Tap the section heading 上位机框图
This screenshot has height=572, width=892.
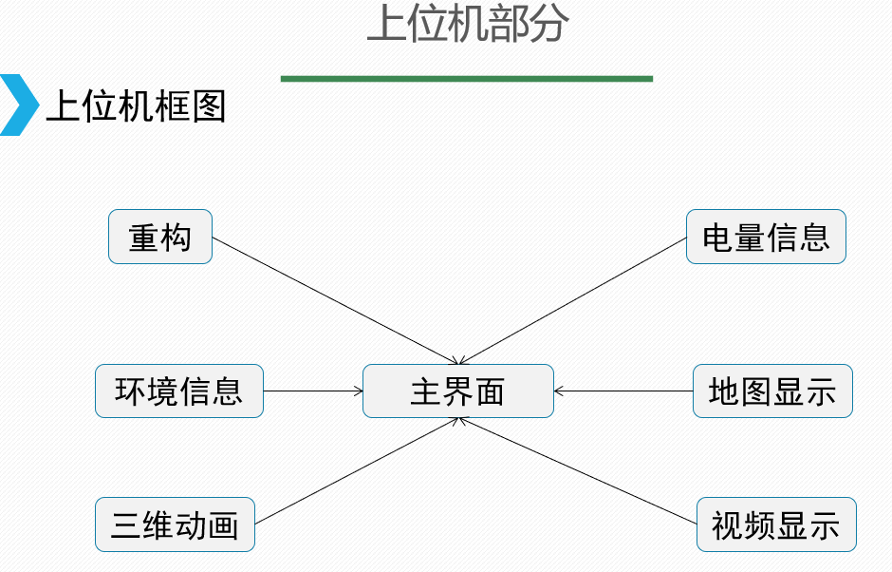[x=136, y=106]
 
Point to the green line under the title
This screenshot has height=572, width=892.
[x=466, y=79]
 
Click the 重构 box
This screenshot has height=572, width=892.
[x=159, y=237]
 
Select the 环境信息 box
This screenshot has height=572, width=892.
[x=178, y=391]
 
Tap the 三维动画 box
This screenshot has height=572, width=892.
[x=175, y=524]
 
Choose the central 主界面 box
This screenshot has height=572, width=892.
[x=457, y=391]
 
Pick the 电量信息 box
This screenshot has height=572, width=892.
[x=766, y=237]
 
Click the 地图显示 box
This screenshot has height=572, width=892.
[x=772, y=391]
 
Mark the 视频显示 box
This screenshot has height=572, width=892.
[x=776, y=524]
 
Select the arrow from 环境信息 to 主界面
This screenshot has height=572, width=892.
[x=312, y=391]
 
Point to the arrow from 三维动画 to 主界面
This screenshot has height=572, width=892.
[x=356, y=471]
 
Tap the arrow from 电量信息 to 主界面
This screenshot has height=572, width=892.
[x=574, y=299]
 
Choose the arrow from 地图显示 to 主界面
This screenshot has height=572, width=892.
[x=623, y=391]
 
